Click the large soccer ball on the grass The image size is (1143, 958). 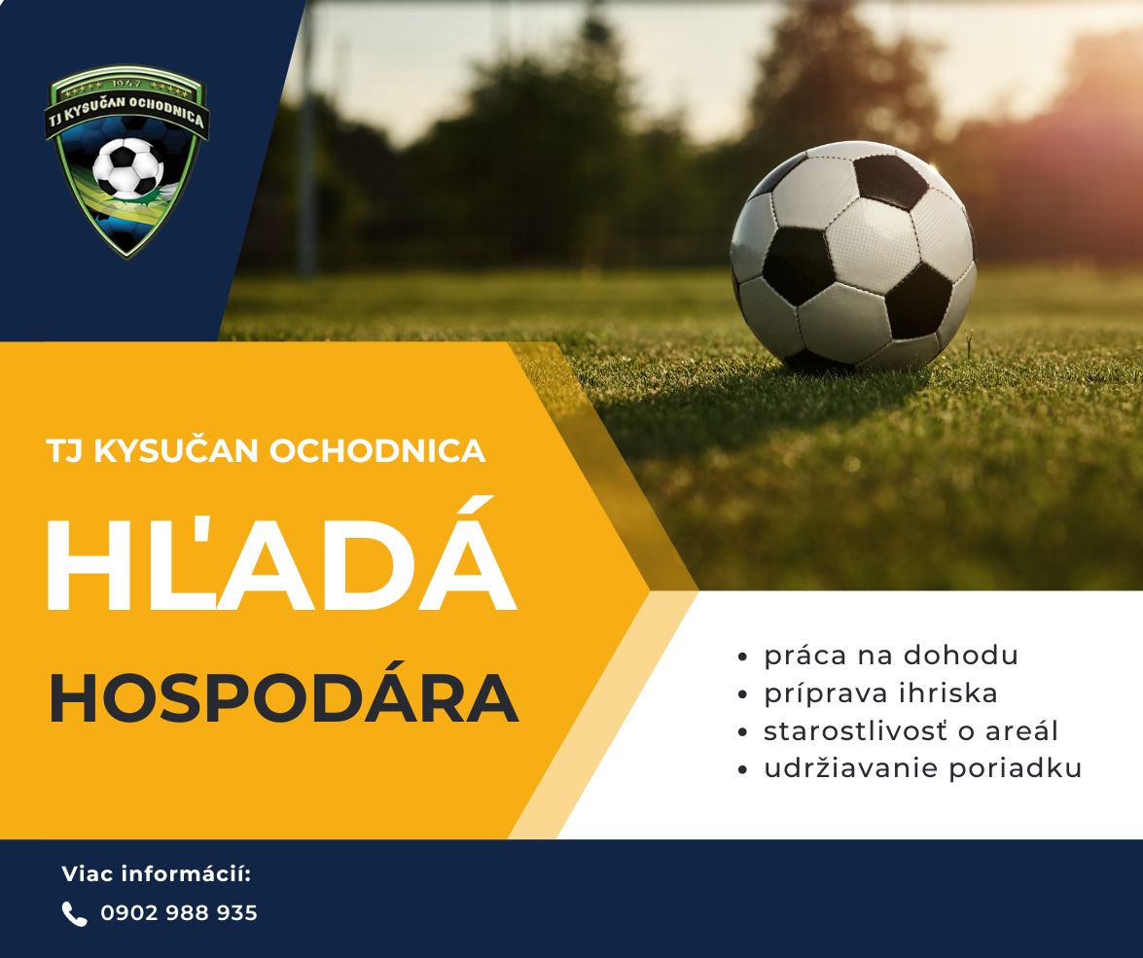coord(853,256)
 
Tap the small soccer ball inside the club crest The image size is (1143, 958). coord(127,168)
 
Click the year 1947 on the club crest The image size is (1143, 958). coord(127,83)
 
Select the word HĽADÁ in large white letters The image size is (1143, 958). coord(281,554)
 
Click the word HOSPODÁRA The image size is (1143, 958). coord(284,698)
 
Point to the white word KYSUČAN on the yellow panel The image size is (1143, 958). coord(176,449)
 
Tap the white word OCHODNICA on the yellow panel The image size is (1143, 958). coord(377,450)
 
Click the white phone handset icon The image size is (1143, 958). coord(74,913)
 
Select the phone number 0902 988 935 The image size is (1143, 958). coord(179,913)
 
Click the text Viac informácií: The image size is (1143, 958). coord(157,873)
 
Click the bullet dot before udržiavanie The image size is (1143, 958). coord(743,769)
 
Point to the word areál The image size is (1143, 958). coord(1021,729)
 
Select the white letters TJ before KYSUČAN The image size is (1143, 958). coord(64,450)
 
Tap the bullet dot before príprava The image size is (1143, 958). coord(743,693)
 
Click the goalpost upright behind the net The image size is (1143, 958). coord(308,138)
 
